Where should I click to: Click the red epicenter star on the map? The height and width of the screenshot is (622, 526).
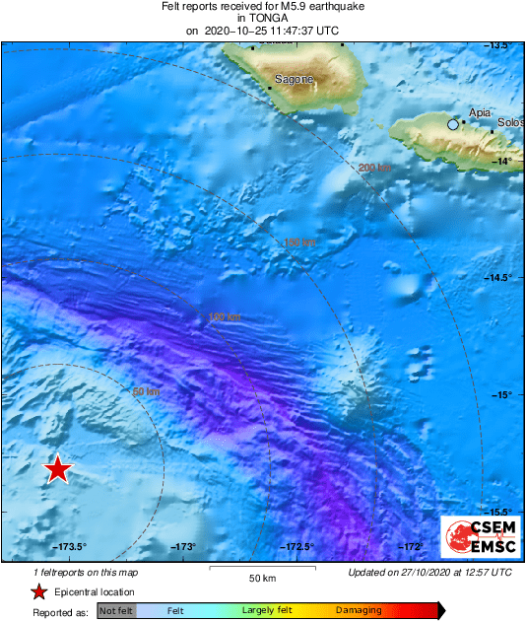[x=59, y=469]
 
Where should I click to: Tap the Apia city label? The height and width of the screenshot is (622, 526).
[x=481, y=113]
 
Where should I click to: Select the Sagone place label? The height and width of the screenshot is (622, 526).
[x=295, y=80]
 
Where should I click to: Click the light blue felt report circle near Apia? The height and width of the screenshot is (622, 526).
[x=453, y=124]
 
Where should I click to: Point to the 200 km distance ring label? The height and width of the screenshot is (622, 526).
[x=375, y=168]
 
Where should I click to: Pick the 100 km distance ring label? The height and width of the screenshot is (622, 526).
[x=225, y=317]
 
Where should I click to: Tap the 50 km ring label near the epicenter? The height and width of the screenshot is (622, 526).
[x=146, y=392]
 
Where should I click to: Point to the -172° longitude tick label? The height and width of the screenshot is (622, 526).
[x=411, y=547]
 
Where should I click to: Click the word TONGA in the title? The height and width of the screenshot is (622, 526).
[x=262, y=18]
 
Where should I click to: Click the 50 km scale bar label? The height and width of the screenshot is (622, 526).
[x=261, y=578]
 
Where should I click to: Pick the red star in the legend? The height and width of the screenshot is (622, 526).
[x=38, y=591]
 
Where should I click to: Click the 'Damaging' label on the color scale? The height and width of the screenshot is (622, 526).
[x=359, y=611]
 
